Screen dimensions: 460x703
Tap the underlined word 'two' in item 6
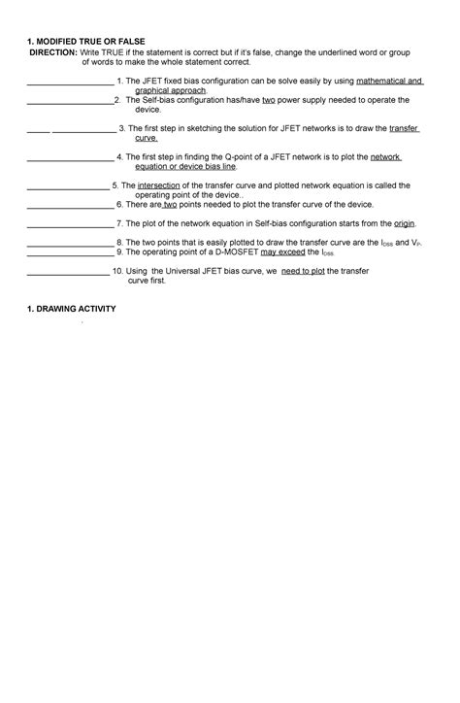(x=170, y=204)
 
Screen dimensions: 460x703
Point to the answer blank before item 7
(x=70, y=225)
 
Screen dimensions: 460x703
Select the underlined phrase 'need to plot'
(x=304, y=272)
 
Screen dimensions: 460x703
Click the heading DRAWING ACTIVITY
(x=76, y=308)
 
